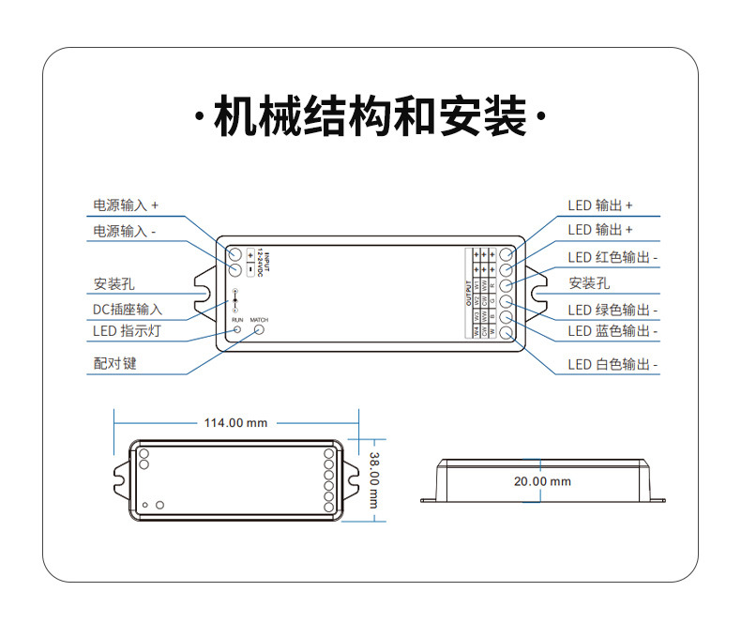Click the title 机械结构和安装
click(x=370, y=118)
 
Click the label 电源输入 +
click(x=126, y=205)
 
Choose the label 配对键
click(x=114, y=363)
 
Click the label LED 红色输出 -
click(x=612, y=257)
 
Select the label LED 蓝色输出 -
click(x=612, y=331)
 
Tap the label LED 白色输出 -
click(x=612, y=364)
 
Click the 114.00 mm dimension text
click(x=235, y=423)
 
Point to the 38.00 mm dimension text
click(x=372, y=480)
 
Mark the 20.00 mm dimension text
click(x=541, y=481)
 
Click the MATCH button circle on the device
click(x=260, y=329)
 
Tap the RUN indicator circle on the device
click(x=237, y=330)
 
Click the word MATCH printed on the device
click(x=259, y=320)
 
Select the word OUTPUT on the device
click(x=468, y=293)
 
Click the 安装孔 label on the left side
click(x=114, y=284)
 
